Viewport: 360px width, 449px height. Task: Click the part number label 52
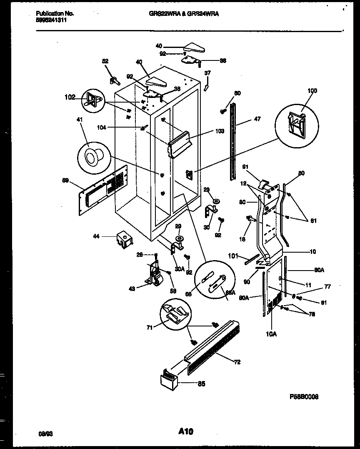click(105, 61)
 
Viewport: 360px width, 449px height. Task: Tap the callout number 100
click(312, 91)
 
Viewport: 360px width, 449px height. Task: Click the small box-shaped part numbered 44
click(124, 239)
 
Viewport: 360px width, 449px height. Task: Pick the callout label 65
click(201, 384)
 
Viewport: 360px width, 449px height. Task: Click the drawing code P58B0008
click(304, 397)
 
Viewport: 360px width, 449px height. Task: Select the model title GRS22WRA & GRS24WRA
click(184, 14)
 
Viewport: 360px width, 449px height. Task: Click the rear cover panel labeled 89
click(100, 190)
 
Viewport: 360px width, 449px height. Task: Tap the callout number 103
click(220, 131)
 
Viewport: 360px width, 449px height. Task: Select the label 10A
click(271, 333)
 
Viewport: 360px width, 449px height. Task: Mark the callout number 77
click(327, 287)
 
